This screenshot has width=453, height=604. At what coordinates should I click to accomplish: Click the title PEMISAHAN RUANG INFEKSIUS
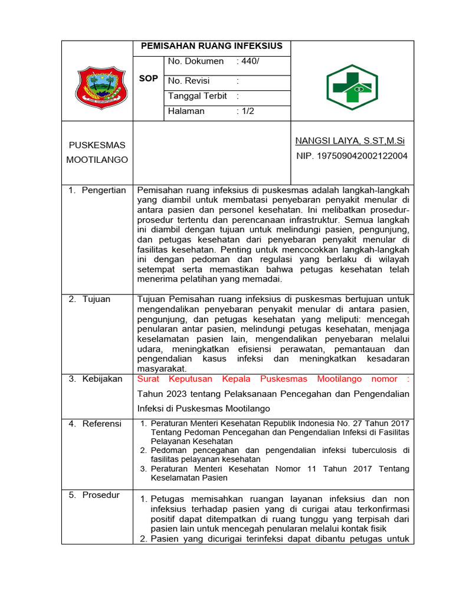click(211, 46)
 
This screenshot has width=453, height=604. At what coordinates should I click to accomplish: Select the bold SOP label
click(148, 78)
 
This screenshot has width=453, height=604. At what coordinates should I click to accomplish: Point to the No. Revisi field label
click(189, 81)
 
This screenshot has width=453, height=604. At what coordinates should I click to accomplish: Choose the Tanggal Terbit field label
click(199, 96)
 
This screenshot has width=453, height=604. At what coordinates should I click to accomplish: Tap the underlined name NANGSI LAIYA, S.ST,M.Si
click(350, 140)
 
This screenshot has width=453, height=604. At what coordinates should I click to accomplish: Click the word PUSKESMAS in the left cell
click(97, 145)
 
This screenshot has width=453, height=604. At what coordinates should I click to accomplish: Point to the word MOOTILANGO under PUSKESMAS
click(97, 160)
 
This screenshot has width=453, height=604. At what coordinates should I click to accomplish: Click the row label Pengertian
click(104, 190)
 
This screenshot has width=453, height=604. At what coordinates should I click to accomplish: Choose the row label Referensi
click(102, 424)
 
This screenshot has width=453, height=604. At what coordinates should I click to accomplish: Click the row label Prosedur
click(101, 495)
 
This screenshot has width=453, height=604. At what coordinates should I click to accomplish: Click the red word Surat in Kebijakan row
click(150, 379)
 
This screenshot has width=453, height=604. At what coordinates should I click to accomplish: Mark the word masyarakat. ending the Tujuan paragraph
click(161, 368)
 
